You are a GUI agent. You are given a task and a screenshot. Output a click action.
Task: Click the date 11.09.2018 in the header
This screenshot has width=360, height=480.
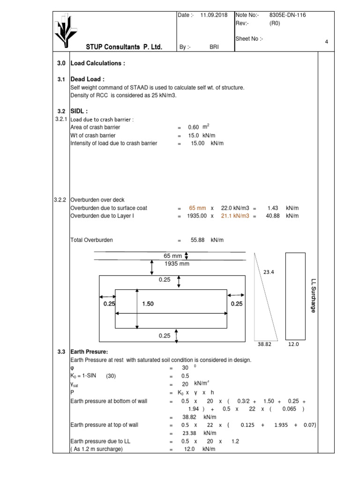coord(214,15)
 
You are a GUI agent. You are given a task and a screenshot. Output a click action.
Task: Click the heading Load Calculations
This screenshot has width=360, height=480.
coord(97,63)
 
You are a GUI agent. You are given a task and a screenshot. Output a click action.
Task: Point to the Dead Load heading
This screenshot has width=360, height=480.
coord(87,79)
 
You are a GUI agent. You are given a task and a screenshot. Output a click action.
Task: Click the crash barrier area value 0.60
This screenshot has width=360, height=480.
coord(193,127)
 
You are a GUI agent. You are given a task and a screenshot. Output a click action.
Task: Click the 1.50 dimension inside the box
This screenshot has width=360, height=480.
coord(148,304)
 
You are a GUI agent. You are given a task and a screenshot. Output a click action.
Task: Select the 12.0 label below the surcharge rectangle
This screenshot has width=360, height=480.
coord(293,344)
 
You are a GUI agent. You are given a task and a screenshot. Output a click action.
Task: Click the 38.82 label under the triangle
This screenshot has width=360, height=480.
coord(264,344)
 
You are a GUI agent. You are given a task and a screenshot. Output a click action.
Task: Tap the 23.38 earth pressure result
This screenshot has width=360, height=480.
coord(190,434)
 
